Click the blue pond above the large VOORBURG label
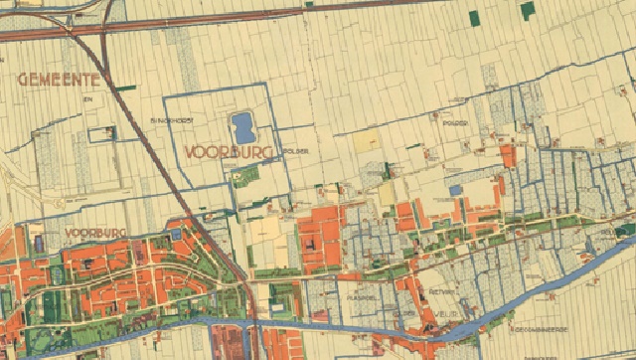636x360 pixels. (x=242, y=127)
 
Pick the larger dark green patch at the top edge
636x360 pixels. (x=527, y=9)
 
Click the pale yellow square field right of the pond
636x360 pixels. (x=367, y=141)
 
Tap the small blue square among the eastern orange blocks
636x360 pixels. (x=455, y=189)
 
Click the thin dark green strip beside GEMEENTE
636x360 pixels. (x=124, y=88)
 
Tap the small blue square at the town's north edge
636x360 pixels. (x=176, y=235)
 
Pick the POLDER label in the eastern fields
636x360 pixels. (x=455, y=125)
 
